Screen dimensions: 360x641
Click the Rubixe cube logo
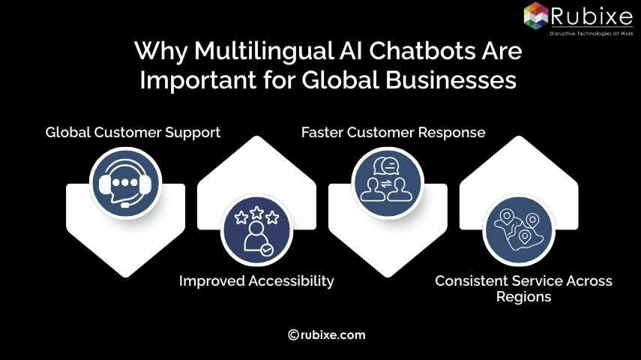pos(537,15)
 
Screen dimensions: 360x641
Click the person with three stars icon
pos(256,228)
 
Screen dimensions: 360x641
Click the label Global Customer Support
pos(133,133)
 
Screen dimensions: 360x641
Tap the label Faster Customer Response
pos(393,133)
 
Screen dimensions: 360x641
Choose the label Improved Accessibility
pos(256,281)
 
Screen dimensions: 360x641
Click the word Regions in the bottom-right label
pos(523,297)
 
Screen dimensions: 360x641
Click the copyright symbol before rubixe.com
pos(294,335)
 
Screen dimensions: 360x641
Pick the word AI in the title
pos(334,52)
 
